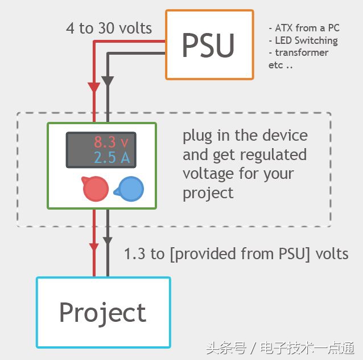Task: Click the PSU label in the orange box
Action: coord(208,46)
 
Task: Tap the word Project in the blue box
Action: coord(103,313)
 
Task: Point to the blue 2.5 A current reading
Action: coord(112,157)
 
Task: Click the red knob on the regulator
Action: coord(96,189)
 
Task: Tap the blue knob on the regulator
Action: coord(131,189)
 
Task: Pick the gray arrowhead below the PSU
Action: coord(108,81)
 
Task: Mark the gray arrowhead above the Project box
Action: coord(108,240)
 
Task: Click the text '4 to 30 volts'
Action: coord(109,28)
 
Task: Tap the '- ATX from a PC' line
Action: coord(304,28)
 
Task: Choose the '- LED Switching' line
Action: coord(303,40)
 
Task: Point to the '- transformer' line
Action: coord(299,52)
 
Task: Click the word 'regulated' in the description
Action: coord(276,155)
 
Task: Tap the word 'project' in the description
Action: coord(208,193)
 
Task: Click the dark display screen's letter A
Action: coord(125,157)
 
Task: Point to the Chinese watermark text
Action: coord(280,347)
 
